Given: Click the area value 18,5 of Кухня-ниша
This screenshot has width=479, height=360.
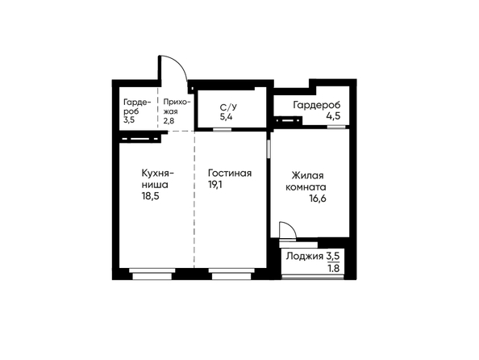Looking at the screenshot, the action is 150,196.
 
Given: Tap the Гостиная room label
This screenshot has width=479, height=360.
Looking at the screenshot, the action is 230,173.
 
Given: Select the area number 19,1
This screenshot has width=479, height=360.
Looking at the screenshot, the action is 215,185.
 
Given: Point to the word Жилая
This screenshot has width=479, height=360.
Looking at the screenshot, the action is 307,176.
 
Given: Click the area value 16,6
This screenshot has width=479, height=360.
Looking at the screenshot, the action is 318,199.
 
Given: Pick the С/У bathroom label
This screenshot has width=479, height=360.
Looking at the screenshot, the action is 228,107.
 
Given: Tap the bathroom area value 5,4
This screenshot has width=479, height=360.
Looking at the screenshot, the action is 226,117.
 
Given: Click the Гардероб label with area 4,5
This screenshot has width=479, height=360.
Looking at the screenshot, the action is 317,105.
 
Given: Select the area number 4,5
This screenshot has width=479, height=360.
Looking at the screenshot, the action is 334,116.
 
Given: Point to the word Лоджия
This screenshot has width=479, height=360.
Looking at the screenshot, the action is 305,257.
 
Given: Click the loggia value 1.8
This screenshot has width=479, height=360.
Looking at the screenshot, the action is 334,269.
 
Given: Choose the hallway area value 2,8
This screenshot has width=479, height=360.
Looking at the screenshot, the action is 169,120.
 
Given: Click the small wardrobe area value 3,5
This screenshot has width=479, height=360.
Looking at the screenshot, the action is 129,119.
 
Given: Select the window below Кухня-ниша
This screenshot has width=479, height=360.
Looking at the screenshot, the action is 152,274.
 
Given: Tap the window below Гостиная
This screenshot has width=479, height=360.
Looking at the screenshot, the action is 231,274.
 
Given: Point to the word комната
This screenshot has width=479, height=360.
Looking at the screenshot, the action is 306,187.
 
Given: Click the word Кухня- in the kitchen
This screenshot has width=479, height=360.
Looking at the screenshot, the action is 157,173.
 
